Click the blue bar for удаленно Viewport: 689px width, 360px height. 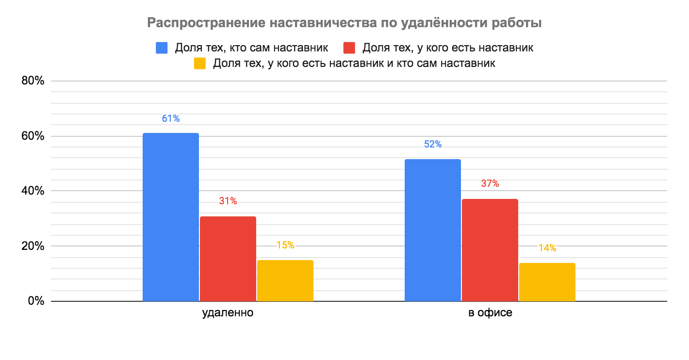click(x=171, y=217)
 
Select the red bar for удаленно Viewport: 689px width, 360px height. click(x=228, y=259)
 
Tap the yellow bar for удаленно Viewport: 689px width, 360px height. click(x=285, y=280)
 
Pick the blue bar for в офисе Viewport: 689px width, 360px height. click(x=433, y=230)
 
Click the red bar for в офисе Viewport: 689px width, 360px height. click(x=490, y=250)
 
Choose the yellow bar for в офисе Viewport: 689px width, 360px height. click(x=547, y=282)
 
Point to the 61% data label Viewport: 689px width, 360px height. click(x=171, y=118)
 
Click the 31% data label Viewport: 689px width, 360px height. click(x=228, y=201)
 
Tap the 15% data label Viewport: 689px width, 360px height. click(x=285, y=245)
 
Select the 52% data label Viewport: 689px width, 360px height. click(x=433, y=145)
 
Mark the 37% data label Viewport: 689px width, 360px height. click(x=490, y=184)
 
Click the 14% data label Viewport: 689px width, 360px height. click(x=547, y=248)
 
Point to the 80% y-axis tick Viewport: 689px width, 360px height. click(x=33, y=81)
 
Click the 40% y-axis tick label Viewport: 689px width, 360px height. click(x=33, y=191)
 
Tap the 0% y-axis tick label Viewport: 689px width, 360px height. click(x=36, y=301)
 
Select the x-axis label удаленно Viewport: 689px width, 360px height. click(x=228, y=313)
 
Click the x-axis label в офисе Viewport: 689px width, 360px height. click(x=490, y=313)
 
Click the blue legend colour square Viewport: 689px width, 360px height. click(x=162, y=48)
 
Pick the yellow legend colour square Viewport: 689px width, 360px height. click(x=199, y=64)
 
